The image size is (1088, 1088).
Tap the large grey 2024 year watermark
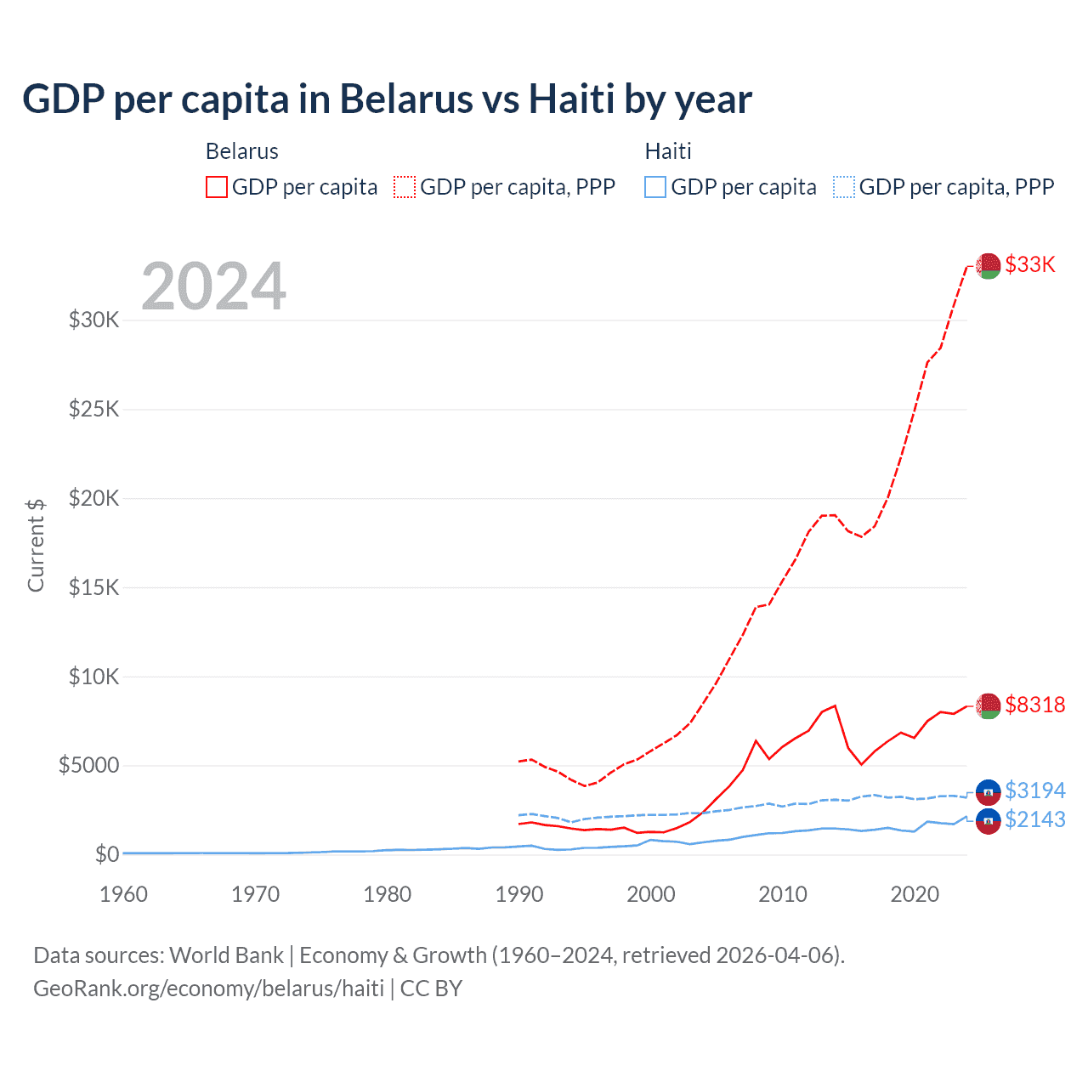(x=213, y=286)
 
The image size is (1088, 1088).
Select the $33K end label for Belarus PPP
(x=1030, y=264)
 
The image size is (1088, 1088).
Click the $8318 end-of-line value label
(x=1034, y=705)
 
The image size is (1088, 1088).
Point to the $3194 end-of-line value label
(x=1034, y=790)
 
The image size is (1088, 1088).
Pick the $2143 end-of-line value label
(x=1034, y=819)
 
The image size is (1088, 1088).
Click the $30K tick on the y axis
(x=93, y=320)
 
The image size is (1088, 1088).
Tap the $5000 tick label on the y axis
(x=88, y=766)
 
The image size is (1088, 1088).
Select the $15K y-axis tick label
(x=93, y=587)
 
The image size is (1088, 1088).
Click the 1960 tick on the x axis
(x=123, y=894)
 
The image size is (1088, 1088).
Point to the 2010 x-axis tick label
(x=782, y=894)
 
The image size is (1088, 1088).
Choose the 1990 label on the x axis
(x=518, y=894)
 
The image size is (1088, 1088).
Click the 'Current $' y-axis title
(x=36, y=545)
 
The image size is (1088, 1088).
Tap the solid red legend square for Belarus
(x=217, y=187)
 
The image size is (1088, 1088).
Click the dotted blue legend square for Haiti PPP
(x=844, y=187)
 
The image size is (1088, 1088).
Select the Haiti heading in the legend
(x=668, y=151)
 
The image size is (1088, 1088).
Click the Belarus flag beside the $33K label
(x=988, y=265)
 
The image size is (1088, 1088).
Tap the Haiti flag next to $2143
(x=988, y=820)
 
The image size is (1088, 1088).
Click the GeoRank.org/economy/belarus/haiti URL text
(x=208, y=989)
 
